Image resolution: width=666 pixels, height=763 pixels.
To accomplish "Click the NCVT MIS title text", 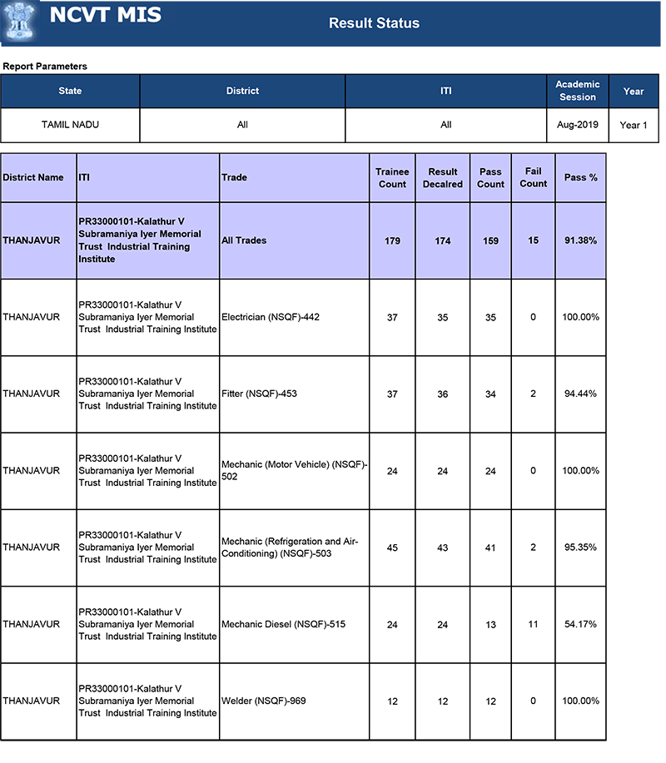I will (x=106, y=16).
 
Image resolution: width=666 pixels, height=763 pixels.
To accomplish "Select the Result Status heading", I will (x=374, y=23).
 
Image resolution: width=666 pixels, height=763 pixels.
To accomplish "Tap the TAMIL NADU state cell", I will (x=70, y=125).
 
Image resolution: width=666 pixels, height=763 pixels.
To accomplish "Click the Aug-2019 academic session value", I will (x=578, y=125).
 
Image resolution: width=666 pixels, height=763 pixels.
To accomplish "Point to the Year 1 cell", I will (x=633, y=125).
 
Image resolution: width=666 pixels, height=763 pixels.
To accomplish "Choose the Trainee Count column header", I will (x=392, y=177).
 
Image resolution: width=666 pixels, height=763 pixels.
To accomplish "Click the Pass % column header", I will (x=580, y=177).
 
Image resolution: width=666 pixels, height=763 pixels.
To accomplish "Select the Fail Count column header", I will (x=533, y=177).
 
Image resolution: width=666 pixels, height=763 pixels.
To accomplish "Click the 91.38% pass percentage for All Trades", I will (x=580, y=240).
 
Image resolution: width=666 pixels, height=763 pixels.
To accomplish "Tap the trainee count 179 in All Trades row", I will (x=392, y=240).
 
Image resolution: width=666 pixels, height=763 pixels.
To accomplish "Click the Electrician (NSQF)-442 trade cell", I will (x=271, y=317).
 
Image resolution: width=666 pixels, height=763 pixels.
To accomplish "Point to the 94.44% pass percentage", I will (x=580, y=394).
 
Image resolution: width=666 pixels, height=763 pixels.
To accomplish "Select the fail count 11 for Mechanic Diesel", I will (x=533, y=624).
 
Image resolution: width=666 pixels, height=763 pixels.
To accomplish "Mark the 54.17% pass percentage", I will (x=580, y=624).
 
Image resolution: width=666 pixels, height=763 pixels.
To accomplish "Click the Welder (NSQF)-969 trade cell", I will (x=263, y=701).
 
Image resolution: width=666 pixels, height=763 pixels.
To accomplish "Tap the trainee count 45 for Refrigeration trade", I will (x=392, y=547).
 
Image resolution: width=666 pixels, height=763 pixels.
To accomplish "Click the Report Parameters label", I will (x=45, y=66).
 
